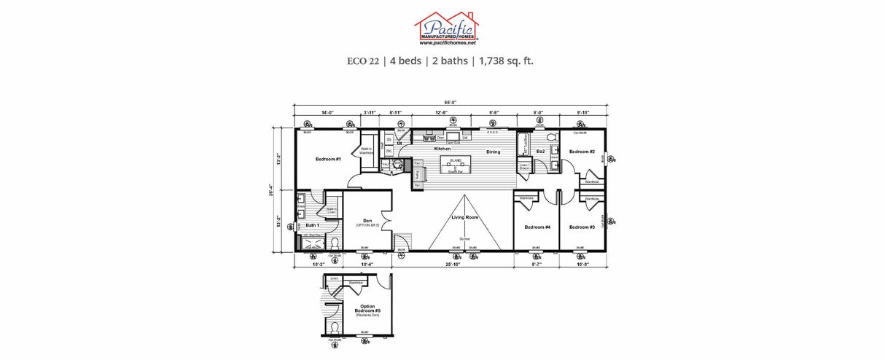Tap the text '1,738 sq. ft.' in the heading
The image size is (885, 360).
[x=506, y=61]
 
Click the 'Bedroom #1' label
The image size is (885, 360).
[x=328, y=158]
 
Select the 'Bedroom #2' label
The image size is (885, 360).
[x=582, y=152]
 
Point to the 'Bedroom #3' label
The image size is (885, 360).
[x=582, y=227]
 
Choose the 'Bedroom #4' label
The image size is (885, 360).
[x=537, y=227]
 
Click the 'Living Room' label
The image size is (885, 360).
[x=464, y=217]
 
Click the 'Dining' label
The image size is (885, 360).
[x=494, y=152]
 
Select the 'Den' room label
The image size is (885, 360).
[x=368, y=221]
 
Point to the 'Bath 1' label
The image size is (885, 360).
[x=312, y=225]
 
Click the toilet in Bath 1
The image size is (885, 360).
[x=335, y=243]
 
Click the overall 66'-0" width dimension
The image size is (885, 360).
[x=450, y=103]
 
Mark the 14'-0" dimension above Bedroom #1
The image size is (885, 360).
[x=327, y=112]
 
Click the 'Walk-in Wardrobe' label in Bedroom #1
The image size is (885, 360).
[x=366, y=150]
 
